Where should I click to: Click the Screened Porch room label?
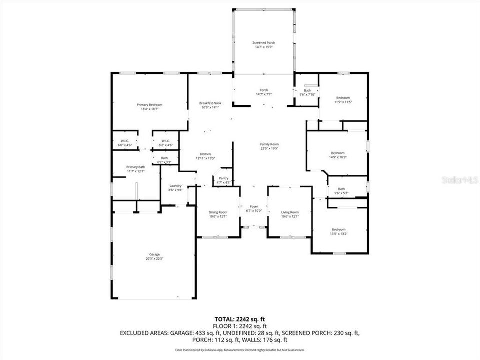coord(263,45)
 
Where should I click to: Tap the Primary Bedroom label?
coord(149,107)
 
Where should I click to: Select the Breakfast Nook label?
coord(210,105)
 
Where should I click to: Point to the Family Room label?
coord(269,146)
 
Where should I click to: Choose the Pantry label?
coord(223,180)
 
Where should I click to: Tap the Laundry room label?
coord(175,188)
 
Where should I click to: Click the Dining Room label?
coord(218,214)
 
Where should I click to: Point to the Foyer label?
coord(254,208)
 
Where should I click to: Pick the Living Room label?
coord(290,214)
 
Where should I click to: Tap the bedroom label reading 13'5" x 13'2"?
coord(339,231)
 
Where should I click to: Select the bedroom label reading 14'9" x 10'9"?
coord(338,155)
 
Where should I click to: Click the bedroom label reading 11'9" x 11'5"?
coord(343,100)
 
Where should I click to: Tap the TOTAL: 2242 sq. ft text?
coord(239,318)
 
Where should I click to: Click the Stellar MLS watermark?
coord(460,179)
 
